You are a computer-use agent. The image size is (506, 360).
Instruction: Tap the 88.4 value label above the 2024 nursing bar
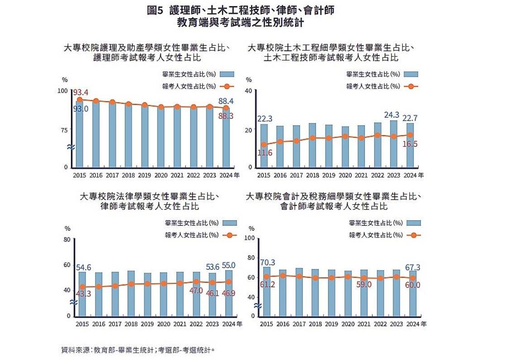click(225, 101)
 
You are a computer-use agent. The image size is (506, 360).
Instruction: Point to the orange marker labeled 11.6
click(264, 145)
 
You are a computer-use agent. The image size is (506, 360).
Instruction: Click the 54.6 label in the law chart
click(83, 267)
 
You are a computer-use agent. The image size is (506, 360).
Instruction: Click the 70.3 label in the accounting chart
click(267, 262)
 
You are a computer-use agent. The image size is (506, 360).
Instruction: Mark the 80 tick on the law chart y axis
click(67, 240)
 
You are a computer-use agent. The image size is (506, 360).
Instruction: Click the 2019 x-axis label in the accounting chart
click(331, 324)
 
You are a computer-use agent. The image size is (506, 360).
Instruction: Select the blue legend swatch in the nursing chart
click(229, 74)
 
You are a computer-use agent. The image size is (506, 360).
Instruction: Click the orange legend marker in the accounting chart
click(414, 235)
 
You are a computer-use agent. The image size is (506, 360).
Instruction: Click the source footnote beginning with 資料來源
click(138, 350)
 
